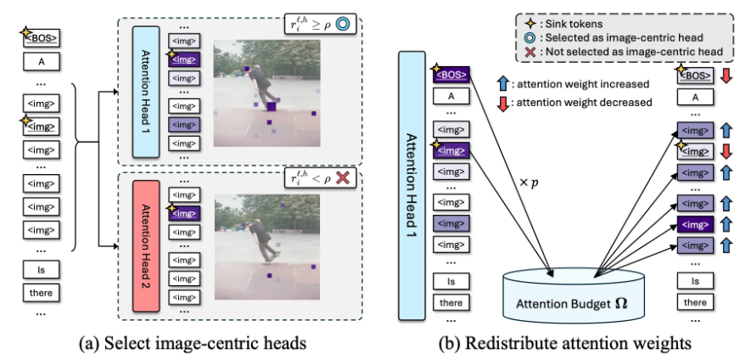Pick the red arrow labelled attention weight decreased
click(502, 104)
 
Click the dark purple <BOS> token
click(451, 74)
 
